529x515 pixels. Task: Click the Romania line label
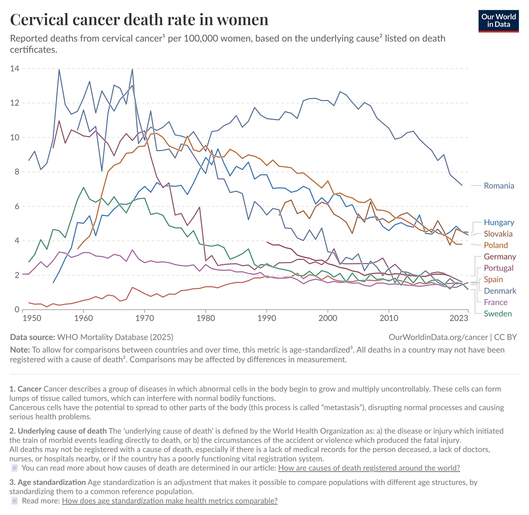tap(499, 186)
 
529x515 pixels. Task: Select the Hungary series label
tap(499, 222)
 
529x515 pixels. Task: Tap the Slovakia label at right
tap(498, 234)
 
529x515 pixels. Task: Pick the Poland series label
tap(495, 245)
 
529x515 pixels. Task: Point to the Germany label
tap(500, 257)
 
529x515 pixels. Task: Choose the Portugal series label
tap(498, 268)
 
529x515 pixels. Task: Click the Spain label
tap(493, 279)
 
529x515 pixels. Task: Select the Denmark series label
tap(500, 291)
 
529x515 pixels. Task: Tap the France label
tap(495, 302)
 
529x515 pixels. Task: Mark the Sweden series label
tap(498, 314)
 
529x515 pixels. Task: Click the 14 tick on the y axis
tap(15, 69)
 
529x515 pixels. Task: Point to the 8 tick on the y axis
tap(17, 172)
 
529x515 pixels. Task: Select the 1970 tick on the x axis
tap(144, 318)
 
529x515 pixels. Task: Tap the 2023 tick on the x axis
tap(459, 318)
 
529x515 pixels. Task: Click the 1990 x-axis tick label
tap(267, 318)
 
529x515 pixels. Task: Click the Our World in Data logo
tap(498, 21)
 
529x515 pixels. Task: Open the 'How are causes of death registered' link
tap(369, 468)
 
